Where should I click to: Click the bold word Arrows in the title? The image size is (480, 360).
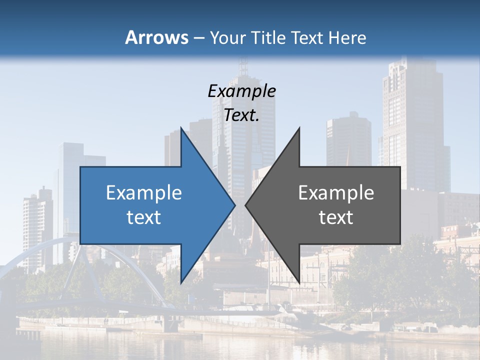point(156,37)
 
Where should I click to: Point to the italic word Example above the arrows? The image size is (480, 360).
point(241,91)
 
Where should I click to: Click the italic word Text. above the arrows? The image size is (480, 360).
point(241,115)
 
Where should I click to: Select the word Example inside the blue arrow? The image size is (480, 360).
point(144,192)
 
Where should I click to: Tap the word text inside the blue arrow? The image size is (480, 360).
point(144,217)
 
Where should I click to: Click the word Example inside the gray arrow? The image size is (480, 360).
point(336,192)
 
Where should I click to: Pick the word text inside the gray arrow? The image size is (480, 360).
point(336,217)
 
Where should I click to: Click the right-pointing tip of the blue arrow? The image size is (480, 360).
point(234,205)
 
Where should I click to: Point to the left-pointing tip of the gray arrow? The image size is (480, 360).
point(246,205)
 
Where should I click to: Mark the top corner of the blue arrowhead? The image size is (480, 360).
point(181,128)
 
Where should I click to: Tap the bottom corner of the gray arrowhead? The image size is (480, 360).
point(299,283)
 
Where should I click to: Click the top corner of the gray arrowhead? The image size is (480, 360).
point(299,128)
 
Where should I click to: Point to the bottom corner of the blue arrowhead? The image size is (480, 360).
point(181,283)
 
